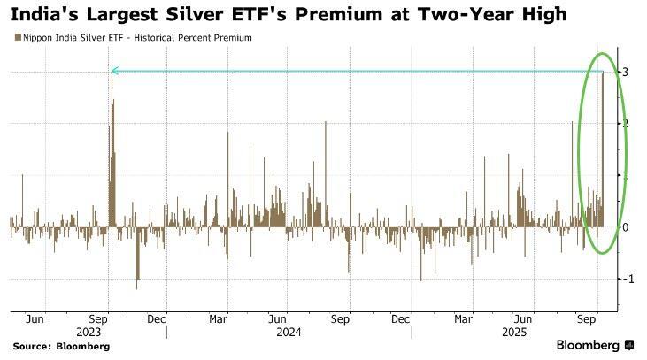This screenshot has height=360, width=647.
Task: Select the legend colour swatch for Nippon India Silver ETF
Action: point(14,38)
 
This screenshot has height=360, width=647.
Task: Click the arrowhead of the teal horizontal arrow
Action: point(113,71)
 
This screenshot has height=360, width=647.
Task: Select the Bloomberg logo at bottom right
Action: point(593,344)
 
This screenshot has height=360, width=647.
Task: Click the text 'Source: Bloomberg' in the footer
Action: point(60,346)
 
